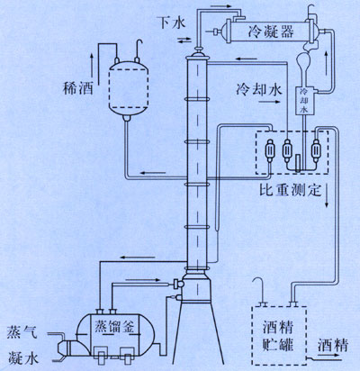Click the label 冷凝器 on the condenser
tap(271, 32)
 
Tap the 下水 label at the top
tap(173, 23)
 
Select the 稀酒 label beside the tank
tap(78, 88)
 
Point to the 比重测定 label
tap(290, 190)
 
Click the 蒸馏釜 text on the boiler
tap(115, 326)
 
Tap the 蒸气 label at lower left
tap(22, 331)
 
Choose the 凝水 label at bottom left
tap(23, 357)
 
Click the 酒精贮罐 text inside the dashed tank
tap(278, 336)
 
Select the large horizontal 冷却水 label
tap(258, 90)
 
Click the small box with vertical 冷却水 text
tap(304, 101)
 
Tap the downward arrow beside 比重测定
tap(327, 196)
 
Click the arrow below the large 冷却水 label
tap(269, 102)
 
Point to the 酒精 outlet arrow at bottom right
tap(329, 355)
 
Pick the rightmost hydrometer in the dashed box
tap(316, 149)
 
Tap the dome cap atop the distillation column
tap(198, 55)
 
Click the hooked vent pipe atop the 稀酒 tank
tap(139, 50)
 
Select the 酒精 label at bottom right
tap(332, 345)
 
